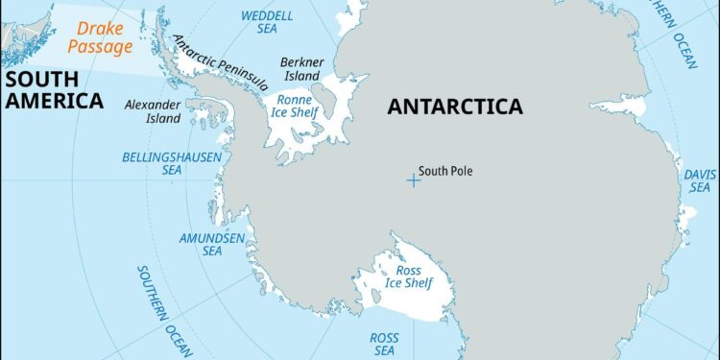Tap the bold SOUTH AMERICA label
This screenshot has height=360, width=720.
click(x=52, y=87)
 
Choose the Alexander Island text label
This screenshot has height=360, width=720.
click(x=153, y=111)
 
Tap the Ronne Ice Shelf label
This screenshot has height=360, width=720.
click(x=298, y=107)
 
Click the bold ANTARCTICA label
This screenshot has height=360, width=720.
click(x=455, y=107)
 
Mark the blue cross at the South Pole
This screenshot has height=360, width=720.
click(x=413, y=180)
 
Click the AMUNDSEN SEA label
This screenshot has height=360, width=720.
click(x=212, y=243)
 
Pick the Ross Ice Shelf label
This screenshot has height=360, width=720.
click(x=409, y=277)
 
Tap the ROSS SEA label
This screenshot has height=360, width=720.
click(x=385, y=345)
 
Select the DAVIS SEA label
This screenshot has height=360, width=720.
click(x=698, y=180)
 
